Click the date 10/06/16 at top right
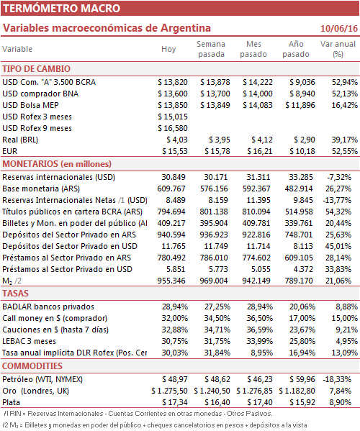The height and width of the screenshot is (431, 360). coord(339,28)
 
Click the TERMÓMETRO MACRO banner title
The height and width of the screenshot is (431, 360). coord(62,8)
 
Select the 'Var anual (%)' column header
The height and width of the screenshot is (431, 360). coord(338,49)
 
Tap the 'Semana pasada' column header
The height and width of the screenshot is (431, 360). coord(211,49)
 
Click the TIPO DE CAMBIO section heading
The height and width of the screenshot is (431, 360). coord(36,69)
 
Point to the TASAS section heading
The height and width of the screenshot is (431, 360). coord(15,294)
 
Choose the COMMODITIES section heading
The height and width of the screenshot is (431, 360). coord(32,366)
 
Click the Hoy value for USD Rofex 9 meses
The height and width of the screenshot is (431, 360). coord(173,128)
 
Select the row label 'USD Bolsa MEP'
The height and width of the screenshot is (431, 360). coord(30,105)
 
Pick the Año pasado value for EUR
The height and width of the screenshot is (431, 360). coord(302,151)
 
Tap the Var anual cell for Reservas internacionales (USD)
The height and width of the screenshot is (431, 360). coord(339,177)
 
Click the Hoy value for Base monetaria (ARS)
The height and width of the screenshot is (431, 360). coord(171,189)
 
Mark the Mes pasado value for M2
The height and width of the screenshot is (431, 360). coord(256,281)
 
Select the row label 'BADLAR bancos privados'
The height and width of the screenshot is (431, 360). coord(48,307)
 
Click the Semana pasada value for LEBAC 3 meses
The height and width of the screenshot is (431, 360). coord(217,341)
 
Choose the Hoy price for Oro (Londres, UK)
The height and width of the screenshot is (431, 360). coord(169,391)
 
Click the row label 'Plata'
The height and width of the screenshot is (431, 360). coord(12,403)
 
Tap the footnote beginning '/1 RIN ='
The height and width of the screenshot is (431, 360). coord(138,414)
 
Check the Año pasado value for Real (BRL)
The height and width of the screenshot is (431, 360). coord(305,140)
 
